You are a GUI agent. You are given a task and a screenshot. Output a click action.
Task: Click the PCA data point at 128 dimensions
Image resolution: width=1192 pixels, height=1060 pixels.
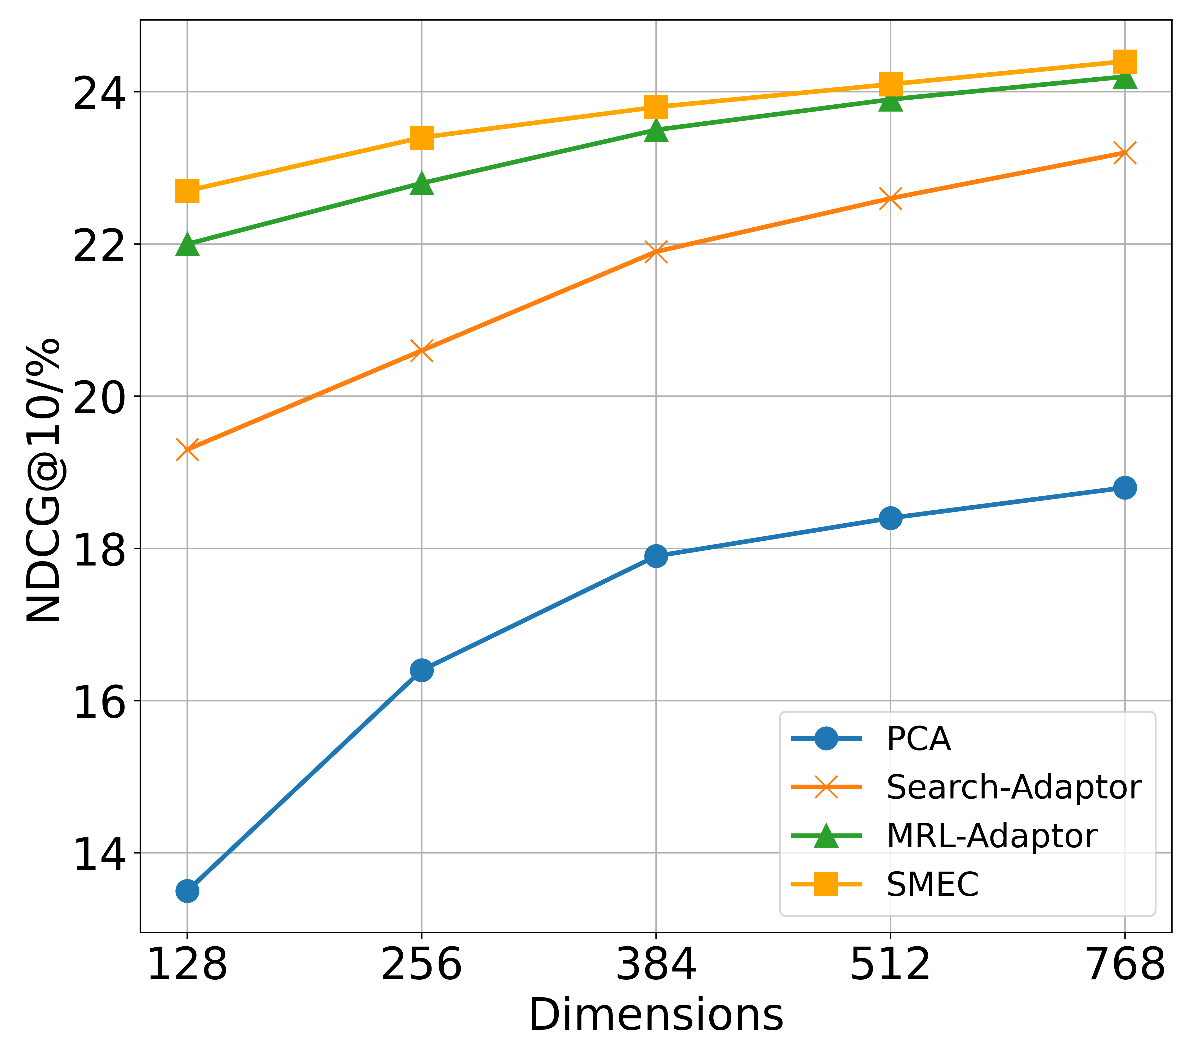[187, 891]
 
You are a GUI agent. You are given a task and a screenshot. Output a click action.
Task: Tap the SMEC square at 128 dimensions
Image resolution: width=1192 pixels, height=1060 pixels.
[187, 191]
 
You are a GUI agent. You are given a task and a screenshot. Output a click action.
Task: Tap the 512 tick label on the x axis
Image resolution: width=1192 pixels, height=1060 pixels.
[890, 965]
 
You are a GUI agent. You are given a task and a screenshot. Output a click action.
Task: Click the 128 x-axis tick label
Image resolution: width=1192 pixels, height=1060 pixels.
[187, 965]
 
